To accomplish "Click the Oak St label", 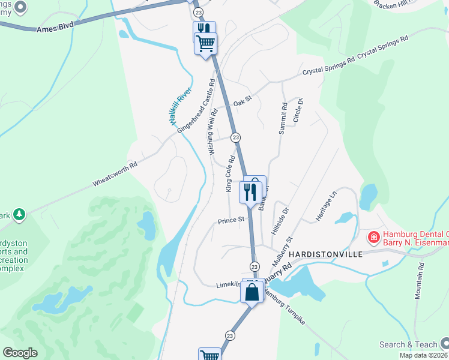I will pos(242,103).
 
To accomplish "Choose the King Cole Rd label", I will pos(229,175).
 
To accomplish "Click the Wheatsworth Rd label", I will pos(115,173).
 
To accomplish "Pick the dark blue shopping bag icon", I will pos(252,292).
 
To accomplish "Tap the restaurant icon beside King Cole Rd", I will pos(249,192).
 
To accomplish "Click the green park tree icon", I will pos(20,214).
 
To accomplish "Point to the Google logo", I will pos(20,353).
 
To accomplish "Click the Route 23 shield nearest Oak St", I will pos(236,137).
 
